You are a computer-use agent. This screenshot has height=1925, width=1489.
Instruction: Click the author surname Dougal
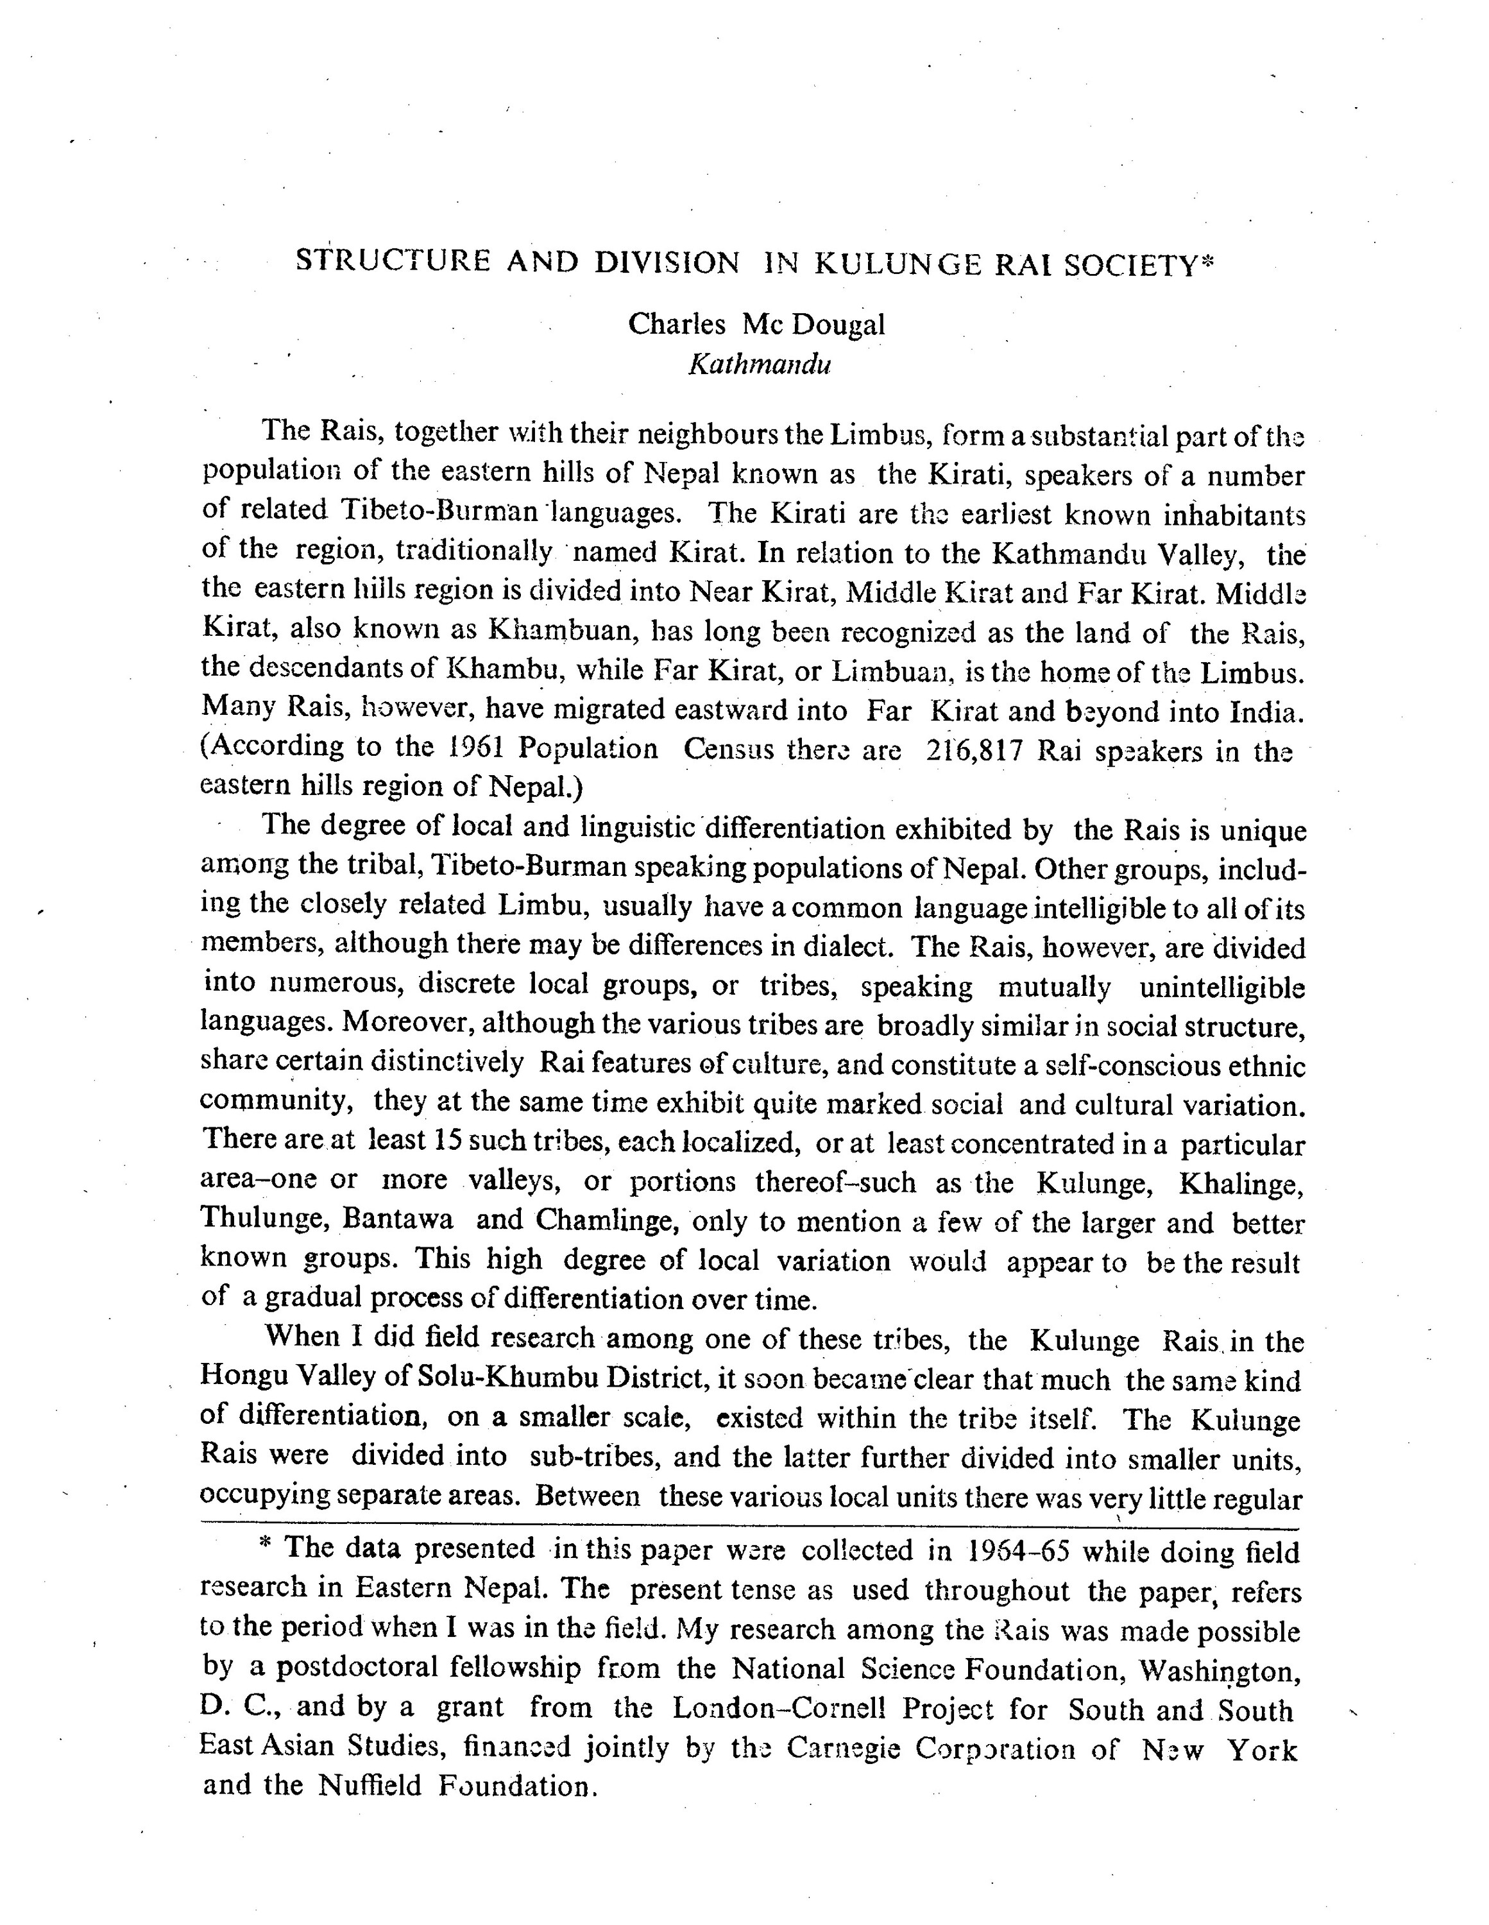(x=837, y=325)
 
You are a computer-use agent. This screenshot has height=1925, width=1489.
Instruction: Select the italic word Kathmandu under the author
(x=760, y=364)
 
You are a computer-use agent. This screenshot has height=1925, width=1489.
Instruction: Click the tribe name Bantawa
(x=398, y=1220)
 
